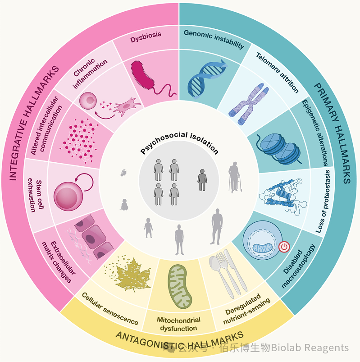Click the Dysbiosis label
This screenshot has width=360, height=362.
146,37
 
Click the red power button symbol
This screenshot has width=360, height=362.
284,247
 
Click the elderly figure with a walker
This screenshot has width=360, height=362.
235,177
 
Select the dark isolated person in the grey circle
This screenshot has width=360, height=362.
202,180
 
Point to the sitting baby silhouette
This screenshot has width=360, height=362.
124,205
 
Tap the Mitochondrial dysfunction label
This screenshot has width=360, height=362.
178,324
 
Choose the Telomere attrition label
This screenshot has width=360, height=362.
277,73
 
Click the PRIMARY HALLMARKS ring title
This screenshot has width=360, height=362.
333,133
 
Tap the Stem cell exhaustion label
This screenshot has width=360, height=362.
35,195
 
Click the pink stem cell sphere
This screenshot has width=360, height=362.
68,196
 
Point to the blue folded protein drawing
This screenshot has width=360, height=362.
283,196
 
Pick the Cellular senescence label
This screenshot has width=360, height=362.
110,309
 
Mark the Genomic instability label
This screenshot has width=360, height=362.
214,39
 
